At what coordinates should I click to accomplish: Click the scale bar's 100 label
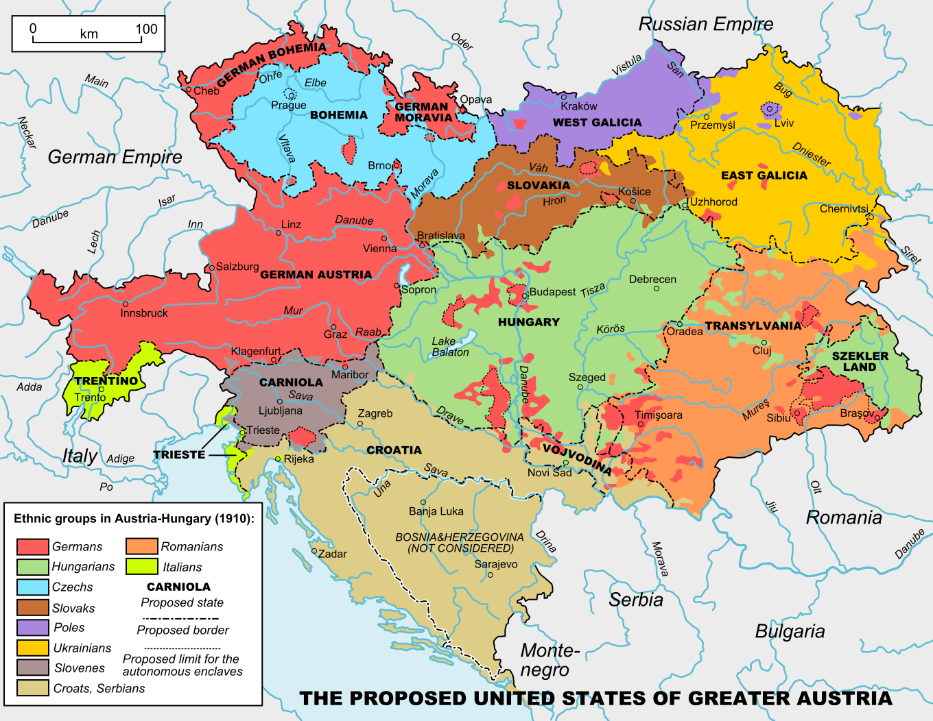(146, 29)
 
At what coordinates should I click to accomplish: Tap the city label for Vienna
(379, 248)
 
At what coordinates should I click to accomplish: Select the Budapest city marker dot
(525, 295)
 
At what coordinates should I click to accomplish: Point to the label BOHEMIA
(339, 115)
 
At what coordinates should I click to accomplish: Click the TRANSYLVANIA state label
(753, 326)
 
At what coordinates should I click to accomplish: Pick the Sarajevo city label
(496, 564)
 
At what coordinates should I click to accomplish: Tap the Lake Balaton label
(450, 347)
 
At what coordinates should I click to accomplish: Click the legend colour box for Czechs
(32, 587)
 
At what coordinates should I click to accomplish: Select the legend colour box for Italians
(142, 567)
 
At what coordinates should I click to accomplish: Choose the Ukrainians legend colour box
(32, 648)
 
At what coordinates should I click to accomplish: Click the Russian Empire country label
(705, 24)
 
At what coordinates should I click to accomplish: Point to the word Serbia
(636, 600)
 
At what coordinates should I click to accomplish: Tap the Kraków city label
(579, 106)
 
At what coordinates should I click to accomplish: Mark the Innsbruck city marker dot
(125, 304)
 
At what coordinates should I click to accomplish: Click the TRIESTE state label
(179, 454)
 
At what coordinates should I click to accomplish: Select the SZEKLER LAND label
(860, 361)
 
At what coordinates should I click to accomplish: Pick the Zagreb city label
(375, 413)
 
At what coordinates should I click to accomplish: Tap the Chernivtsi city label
(844, 208)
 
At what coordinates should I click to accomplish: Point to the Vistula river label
(627, 64)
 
